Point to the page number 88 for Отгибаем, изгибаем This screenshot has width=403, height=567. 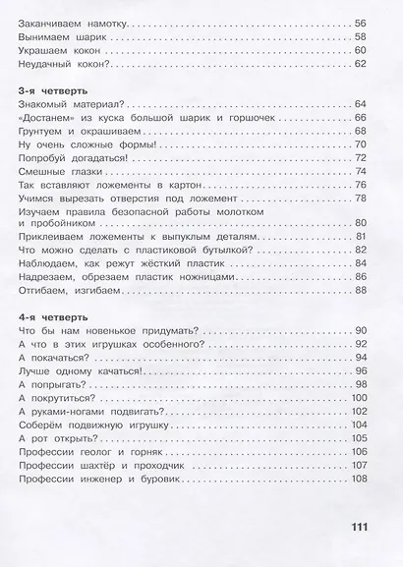click(x=360, y=291)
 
